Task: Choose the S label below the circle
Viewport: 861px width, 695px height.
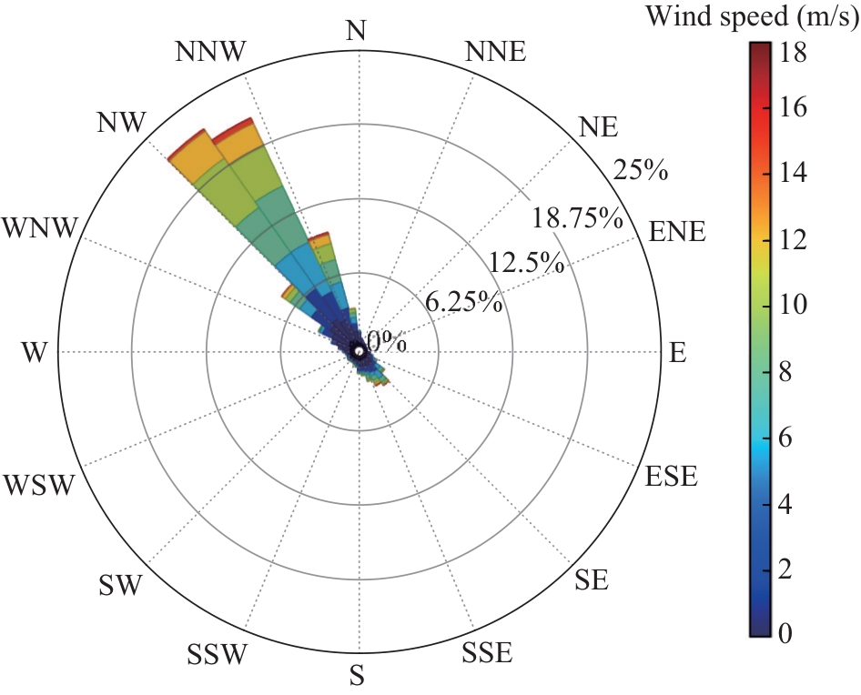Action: (x=358, y=676)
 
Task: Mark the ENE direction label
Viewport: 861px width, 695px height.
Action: (x=677, y=231)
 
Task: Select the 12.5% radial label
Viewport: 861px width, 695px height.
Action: (x=526, y=264)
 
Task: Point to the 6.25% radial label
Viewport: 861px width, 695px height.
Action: (x=464, y=303)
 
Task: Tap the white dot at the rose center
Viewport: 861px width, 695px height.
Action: (x=359, y=351)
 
